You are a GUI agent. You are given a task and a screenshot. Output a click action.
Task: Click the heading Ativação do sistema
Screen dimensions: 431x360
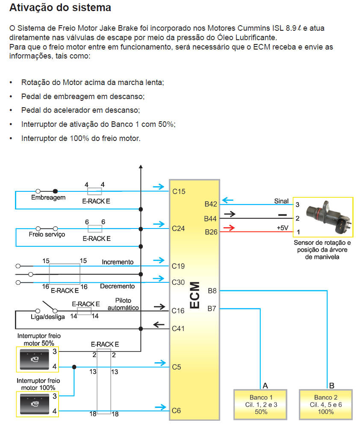(60, 8)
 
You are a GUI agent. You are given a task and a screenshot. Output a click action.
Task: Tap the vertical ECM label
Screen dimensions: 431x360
(195, 295)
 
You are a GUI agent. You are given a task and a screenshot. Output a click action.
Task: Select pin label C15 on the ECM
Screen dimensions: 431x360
(179, 192)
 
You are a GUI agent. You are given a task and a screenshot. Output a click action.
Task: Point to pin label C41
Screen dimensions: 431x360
(178, 328)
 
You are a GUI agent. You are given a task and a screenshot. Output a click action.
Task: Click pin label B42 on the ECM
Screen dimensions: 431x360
(211, 204)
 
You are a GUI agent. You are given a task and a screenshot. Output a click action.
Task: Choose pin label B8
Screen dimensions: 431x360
(212, 291)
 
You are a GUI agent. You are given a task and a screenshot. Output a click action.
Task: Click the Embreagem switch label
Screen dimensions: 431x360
(48, 198)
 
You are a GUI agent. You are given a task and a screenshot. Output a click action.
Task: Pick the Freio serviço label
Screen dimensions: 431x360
(47, 235)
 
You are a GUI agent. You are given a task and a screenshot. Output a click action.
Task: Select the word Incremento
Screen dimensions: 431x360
(118, 261)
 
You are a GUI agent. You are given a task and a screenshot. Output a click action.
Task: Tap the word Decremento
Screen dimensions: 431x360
(117, 286)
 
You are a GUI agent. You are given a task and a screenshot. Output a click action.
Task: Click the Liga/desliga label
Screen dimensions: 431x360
(48, 317)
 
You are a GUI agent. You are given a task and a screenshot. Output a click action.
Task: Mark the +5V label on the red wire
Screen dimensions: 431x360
(283, 228)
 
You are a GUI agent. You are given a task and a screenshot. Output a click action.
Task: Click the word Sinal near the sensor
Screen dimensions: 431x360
(281, 201)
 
